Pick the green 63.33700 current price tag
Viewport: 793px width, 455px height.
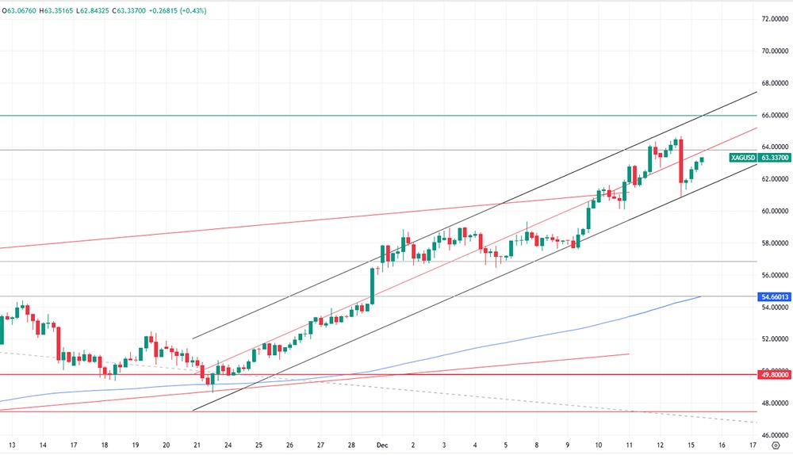point(774,158)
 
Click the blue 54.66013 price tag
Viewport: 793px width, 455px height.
point(774,296)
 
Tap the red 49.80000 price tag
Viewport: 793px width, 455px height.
point(774,375)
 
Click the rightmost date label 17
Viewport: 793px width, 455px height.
point(751,445)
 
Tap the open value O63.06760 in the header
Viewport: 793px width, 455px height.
point(25,10)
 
